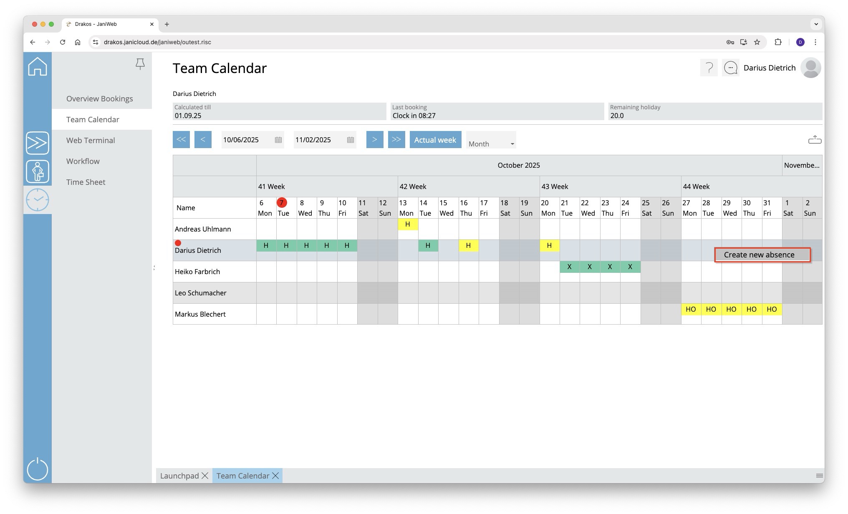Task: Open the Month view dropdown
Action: click(491, 144)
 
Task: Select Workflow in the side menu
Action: click(83, 161)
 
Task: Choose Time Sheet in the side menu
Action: click(86, 182)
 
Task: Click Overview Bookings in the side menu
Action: click(99, 98)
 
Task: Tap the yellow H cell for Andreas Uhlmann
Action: click(408, 224)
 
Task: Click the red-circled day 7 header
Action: click(282, 203)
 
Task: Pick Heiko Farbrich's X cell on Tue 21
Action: click(569, 267)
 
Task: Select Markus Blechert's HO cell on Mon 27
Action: click(691, 310)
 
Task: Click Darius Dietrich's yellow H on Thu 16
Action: click(468, 246)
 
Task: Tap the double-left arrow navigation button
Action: click(181, 139)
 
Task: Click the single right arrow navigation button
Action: click(374, 139)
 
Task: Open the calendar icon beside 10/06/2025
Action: click(278, 140)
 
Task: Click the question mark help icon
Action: click(709, 68)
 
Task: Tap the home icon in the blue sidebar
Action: click(38, 67)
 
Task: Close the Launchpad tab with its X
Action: click(205, 476)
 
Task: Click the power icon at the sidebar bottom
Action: click(38, 469)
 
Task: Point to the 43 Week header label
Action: click(555, 186)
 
